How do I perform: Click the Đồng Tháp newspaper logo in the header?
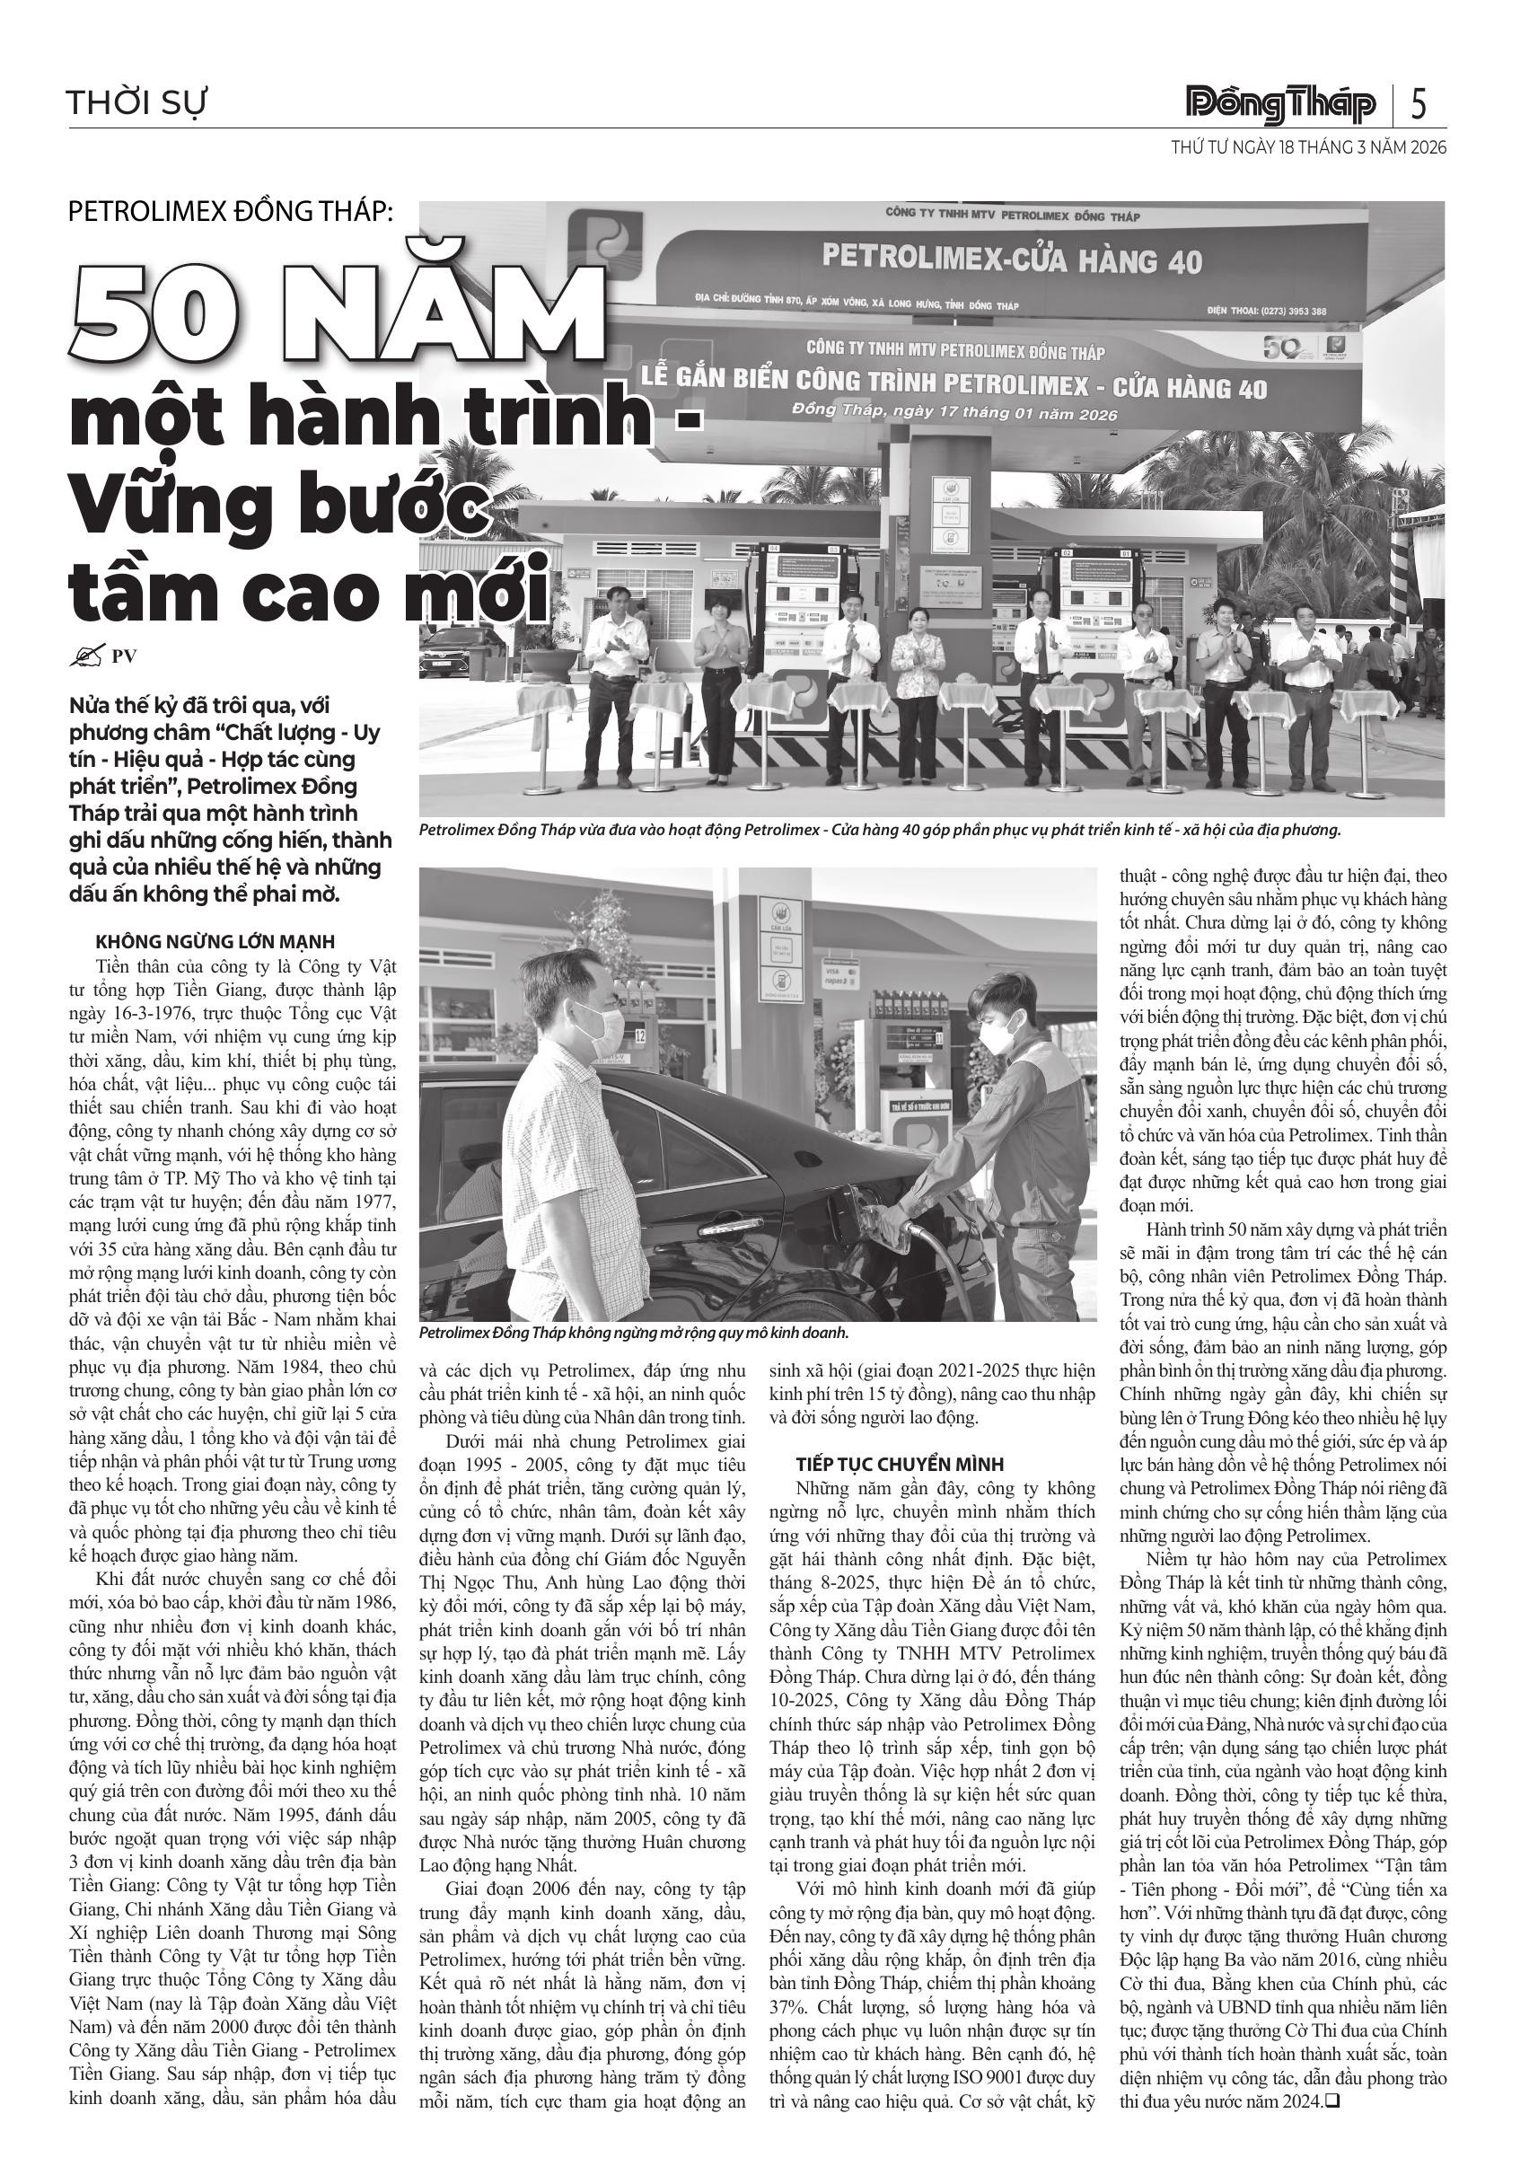pyautogui.click(x=1280, y=103)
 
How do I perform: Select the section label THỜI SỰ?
pyautogui.click(x=137, y=102)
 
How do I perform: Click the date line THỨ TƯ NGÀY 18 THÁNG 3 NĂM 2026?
pyautogui.click(x=1308, y=148)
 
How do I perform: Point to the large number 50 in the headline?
pyautogui.click(x=157, y=314)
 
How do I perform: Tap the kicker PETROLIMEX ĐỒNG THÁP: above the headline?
pyautogui.click(x=230, y=211)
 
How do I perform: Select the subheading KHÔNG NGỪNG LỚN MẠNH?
pyautogui.click(x=215, y=942)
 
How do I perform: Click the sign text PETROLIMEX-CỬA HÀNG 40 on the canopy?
pyautogui.click(x=1012, y=258)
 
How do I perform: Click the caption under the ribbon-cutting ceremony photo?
pyautogui.click(x=880, y=831)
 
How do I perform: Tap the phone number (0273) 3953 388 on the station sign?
pyautogui.click(x=1279, y=311)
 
